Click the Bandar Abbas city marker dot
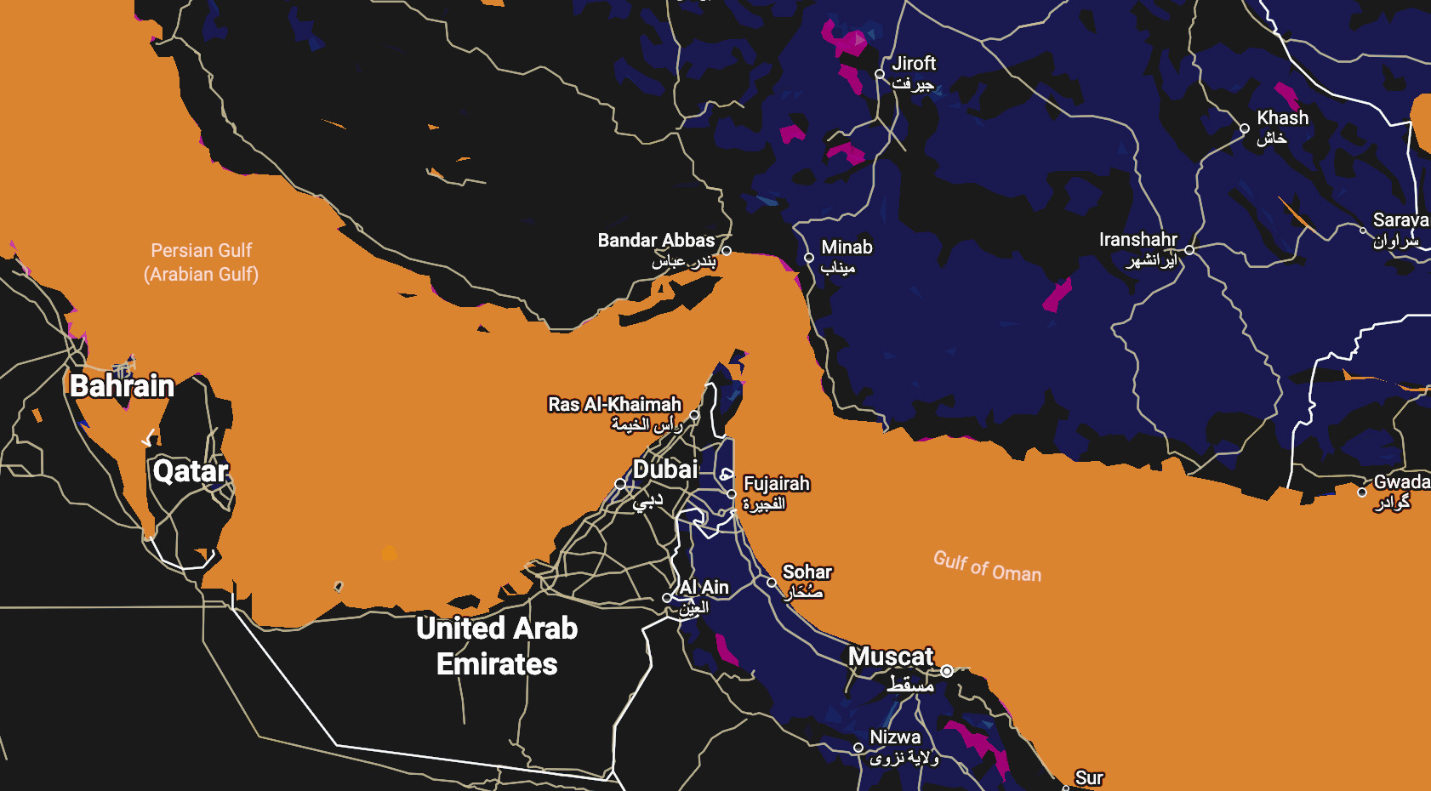(x=726, y=251)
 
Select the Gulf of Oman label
(x=987, y=566)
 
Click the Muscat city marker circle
(x=946, y=671)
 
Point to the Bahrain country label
(x=122, y=386)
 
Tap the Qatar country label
(x=191, y=471)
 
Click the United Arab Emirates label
(x=497, y=646)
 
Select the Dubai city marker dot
(x=620, y=483)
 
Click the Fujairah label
(x=776, y=484)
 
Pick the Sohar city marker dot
(x=772, y=583)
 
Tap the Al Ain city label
(x=704, y=588)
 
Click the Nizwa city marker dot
(x=858, y=748)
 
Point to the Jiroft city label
(x=914, y=64)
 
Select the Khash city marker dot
(x=1245, y=129)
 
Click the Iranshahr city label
(x=1137, y=240)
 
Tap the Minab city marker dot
(x=809, y=258)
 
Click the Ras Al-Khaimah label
(x=614, y=405)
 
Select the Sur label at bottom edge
(x=1088, y=778)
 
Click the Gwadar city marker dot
(x=1362, y=492)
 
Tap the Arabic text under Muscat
(x=910, y=685)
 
